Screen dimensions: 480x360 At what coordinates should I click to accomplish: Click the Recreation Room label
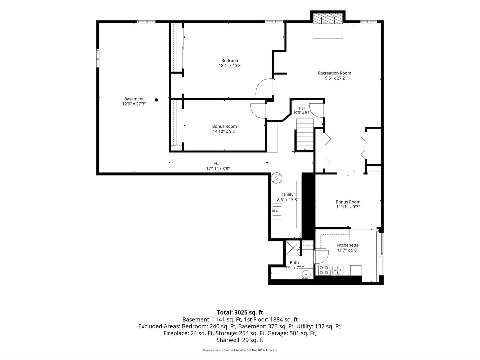334,73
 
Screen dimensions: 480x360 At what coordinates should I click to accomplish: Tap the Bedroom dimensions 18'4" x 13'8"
230,66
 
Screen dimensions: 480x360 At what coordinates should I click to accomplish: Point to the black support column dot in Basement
156,100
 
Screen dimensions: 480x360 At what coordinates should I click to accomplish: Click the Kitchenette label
347,245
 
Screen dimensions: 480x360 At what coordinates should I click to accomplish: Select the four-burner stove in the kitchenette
324,270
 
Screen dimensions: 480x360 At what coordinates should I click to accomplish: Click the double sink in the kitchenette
338,270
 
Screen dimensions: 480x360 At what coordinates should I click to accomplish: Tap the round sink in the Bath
306,274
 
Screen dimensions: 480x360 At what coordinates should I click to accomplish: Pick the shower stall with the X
293,248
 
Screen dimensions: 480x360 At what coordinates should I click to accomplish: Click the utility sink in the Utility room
277,211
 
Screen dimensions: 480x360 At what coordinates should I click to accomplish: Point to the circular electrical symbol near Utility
277,178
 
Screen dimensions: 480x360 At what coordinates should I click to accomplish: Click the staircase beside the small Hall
305,135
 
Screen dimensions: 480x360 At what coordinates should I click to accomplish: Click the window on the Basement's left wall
98,58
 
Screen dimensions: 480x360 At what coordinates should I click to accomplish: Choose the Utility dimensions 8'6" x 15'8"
288,200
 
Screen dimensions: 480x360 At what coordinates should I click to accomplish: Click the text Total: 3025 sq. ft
240,312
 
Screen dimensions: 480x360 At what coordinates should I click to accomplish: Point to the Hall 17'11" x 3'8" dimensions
218,169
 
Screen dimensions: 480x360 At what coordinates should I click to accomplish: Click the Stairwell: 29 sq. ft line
240,340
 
